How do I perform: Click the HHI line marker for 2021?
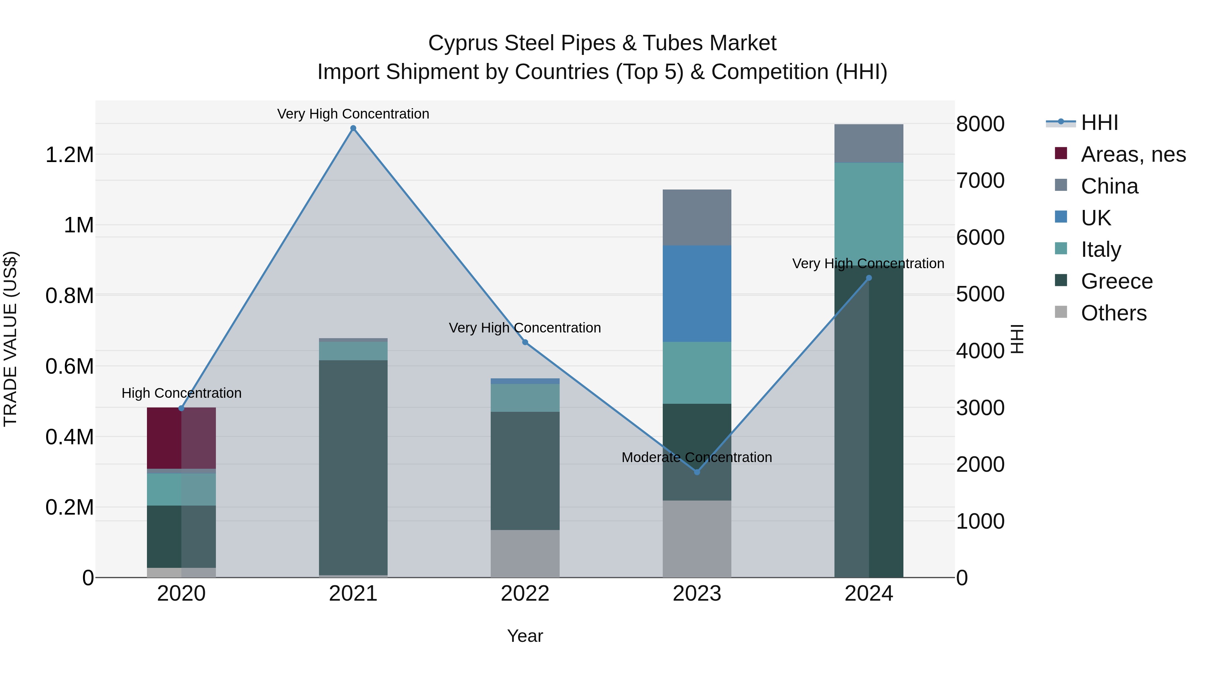point(353,128)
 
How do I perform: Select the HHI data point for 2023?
point(697,472)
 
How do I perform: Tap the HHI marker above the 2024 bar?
point(869,278)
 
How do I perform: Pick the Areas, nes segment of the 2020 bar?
point(181,438)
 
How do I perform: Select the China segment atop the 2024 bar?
point(869,143)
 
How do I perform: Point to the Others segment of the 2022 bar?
point(525,553)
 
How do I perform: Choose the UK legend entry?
point(1096,218)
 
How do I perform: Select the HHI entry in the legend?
point(1099,123)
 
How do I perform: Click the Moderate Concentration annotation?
point(697,457)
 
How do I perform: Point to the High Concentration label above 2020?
point(181,393)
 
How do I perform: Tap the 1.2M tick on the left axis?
point(70,155)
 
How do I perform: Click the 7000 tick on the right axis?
point(980,180)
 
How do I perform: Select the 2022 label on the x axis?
point(525,594)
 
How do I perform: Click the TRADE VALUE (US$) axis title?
point(10,339)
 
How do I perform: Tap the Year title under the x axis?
point(525,636)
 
